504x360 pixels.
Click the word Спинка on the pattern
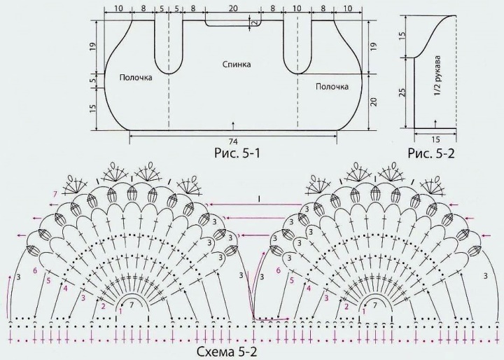tap(237, 64)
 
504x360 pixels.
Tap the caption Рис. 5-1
tap(237, 153)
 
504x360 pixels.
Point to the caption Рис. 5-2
tap(431, 153)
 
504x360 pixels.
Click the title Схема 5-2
tap(227, 352)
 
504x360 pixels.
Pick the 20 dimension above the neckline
tap(233, 8)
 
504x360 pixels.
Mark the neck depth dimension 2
tap(255, 23)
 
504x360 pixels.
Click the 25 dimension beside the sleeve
tap(403, 92)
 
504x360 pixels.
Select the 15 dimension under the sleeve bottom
tap(435, 139)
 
